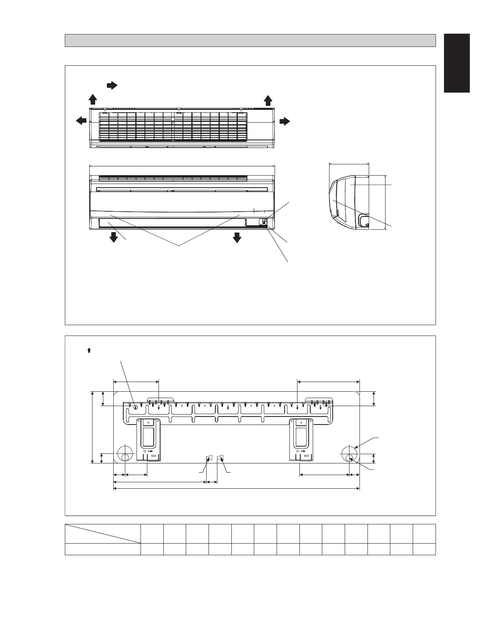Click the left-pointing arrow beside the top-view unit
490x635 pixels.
81,120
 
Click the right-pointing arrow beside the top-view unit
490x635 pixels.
285,121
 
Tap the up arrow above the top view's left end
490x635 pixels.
92,99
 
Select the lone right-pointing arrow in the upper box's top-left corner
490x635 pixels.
111,85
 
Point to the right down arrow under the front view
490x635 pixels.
237,237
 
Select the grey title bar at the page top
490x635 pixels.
250,40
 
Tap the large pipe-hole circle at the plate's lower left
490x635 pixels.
125,454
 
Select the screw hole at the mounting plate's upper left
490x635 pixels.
135,408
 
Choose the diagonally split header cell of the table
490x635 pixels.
103,534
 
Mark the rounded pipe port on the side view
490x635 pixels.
363,220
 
